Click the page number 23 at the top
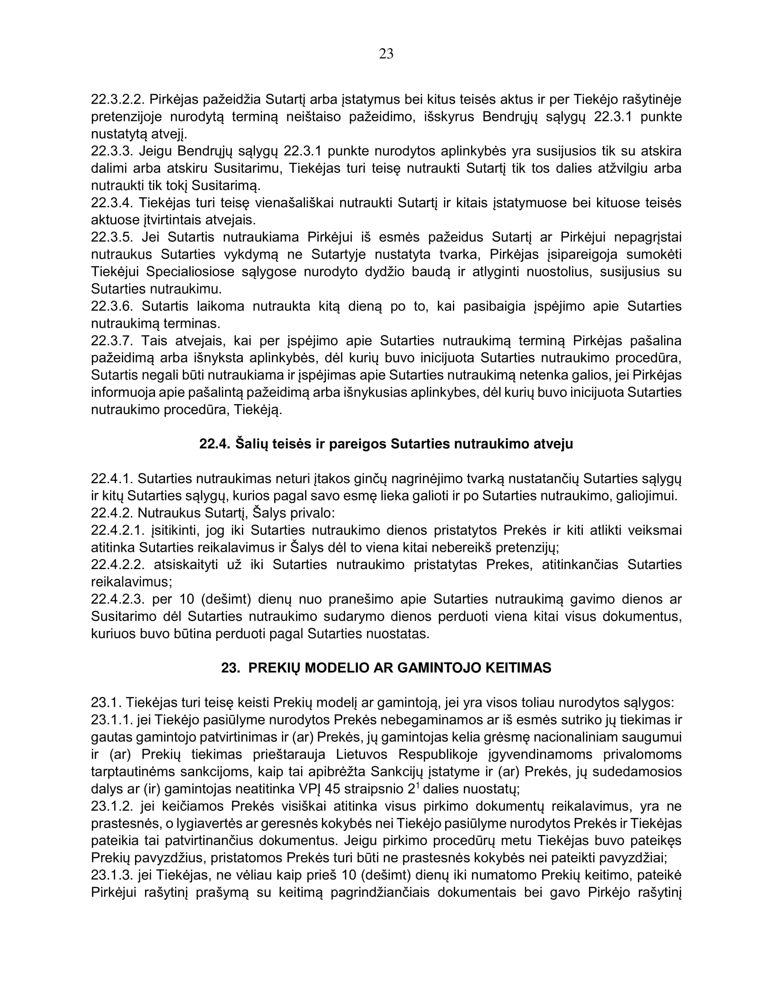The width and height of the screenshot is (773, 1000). pos(386,54)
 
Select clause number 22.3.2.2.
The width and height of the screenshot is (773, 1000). pos(116,100)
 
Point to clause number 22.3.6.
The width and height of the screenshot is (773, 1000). pos(112,306)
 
